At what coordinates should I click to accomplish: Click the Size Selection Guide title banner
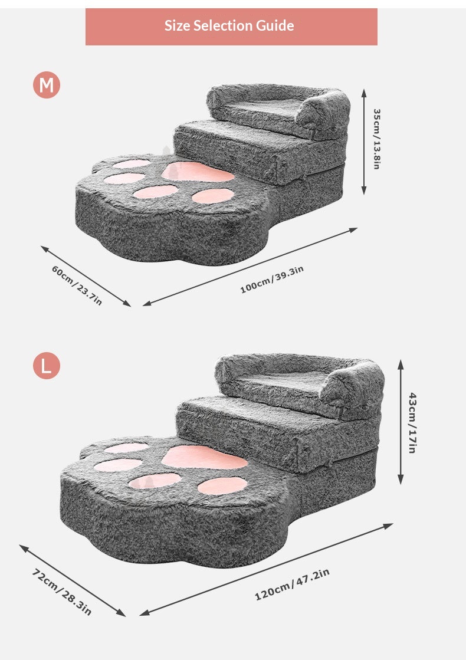point(231,27)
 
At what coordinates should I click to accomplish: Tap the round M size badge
point(47,85)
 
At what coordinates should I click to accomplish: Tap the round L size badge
point(47,365)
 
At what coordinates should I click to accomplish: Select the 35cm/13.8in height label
point(377,139)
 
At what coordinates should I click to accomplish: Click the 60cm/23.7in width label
point(77,285)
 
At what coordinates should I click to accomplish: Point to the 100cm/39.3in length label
point(272,280)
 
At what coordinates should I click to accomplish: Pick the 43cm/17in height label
point(412,422)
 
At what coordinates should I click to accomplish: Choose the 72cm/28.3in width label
point(61,592)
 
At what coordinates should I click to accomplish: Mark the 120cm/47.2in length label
point(292,585)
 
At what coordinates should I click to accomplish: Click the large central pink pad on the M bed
point(197,172)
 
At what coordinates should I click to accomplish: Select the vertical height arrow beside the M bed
point(364,142)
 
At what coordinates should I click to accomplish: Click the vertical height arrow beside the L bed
point(401,422)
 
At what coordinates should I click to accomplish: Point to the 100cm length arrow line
point(250,267)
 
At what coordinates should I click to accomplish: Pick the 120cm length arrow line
point(266,570)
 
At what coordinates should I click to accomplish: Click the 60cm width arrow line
point(86,276)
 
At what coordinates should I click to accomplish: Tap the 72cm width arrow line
point(73,580)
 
